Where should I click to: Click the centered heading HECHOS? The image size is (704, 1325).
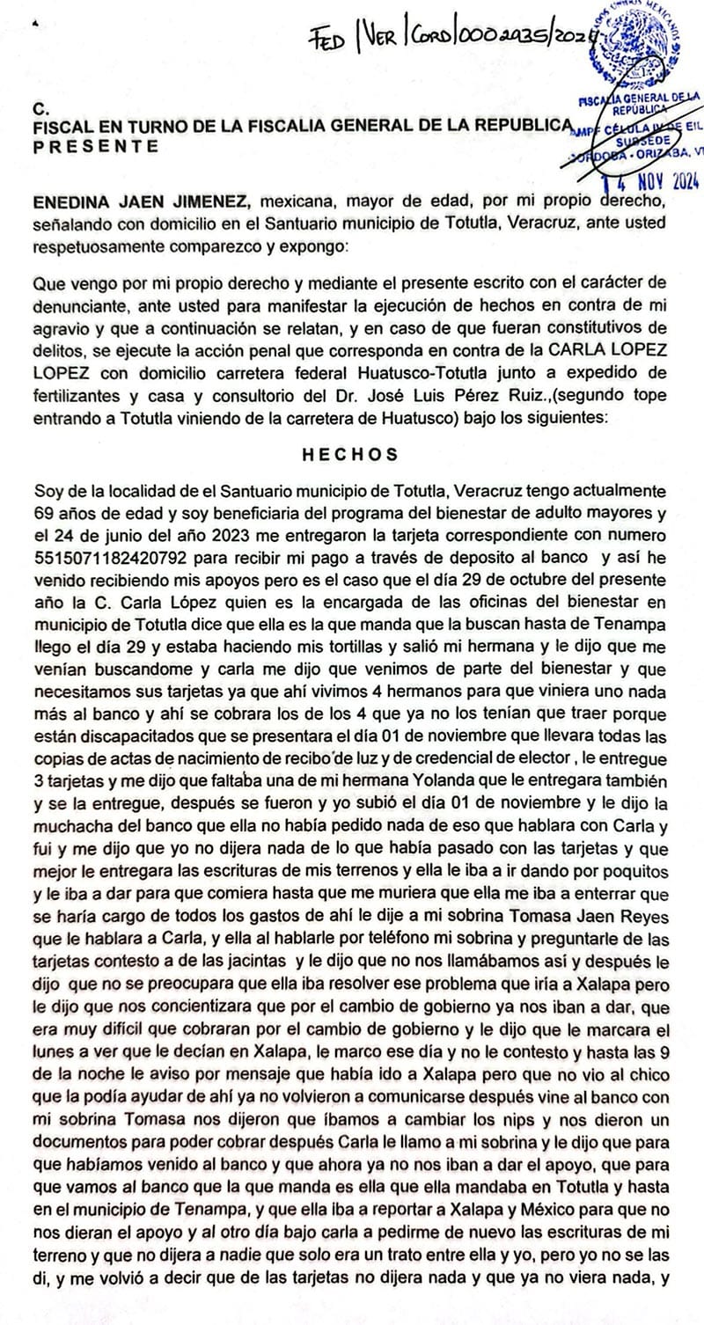[349, 455]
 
